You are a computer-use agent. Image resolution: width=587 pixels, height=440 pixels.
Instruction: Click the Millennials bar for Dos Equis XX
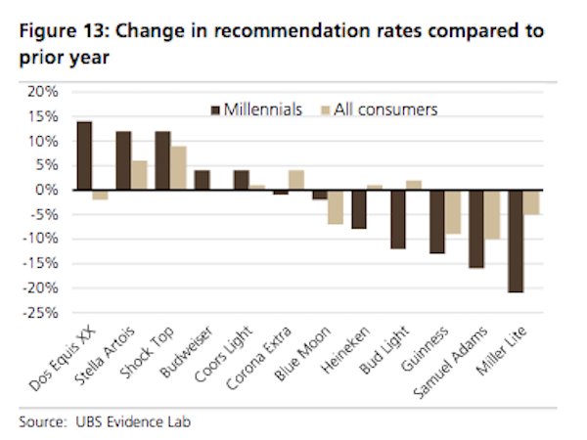[x=84, y=155]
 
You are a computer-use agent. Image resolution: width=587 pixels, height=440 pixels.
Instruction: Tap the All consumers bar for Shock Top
[x=179, y=167]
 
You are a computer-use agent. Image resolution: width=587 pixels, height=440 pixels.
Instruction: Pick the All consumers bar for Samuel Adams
[x=492, y=214]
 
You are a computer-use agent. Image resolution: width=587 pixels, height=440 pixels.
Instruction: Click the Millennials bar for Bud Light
[x=398, y=219]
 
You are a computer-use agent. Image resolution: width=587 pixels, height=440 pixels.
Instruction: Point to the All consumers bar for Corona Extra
[x=296, y=180]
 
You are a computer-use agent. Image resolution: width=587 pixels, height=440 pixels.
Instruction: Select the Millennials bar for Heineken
[x=359, y=209]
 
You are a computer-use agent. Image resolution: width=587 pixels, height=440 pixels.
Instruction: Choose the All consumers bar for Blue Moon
[x=335, y=206]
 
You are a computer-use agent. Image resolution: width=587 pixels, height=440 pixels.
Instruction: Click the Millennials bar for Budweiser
[x=203, y=180]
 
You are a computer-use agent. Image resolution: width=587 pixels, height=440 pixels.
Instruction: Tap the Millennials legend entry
[x=255, y=109]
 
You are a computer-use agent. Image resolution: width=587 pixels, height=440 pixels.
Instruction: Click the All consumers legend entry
[x=383, y=109]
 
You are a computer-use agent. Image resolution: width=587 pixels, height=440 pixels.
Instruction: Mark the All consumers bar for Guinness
[x=453, y=211]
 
